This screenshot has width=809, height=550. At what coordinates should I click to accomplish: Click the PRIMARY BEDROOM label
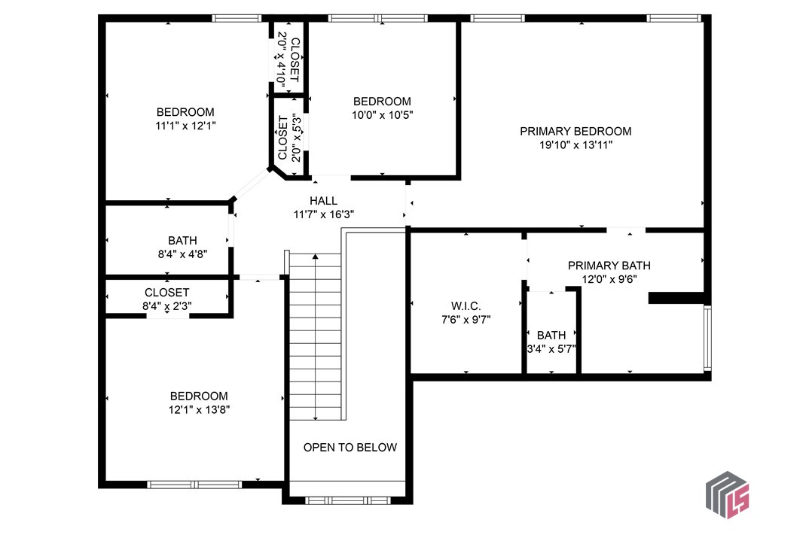pos(575,131)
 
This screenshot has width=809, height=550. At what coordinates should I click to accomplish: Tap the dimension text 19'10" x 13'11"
pos(575,145)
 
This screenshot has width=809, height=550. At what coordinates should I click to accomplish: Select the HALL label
pos(324,201)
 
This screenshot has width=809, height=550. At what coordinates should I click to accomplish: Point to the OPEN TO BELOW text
pos(350,447)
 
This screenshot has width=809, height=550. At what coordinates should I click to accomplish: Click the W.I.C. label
pos(466,305)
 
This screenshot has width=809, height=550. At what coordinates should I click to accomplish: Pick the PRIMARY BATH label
pos(609,266)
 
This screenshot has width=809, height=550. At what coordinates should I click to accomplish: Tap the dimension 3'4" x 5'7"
pos(551,349)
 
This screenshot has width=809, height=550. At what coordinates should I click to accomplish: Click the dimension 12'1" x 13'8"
pos(199,410)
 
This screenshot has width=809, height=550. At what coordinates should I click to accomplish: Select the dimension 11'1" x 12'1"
pos(185,126)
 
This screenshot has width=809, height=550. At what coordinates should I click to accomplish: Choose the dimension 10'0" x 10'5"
pos(383,115)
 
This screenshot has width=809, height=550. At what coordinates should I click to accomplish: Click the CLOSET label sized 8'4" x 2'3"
pos(166,292)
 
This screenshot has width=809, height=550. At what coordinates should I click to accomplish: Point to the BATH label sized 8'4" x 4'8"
pos(182,241)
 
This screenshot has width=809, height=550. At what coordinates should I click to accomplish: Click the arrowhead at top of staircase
pos(315,258)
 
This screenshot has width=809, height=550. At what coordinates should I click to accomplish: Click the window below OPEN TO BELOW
pos(348,500)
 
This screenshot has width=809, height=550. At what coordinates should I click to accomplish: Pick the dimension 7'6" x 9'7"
pos(466,319)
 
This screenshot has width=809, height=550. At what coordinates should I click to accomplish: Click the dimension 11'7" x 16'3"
pos(324,214)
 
